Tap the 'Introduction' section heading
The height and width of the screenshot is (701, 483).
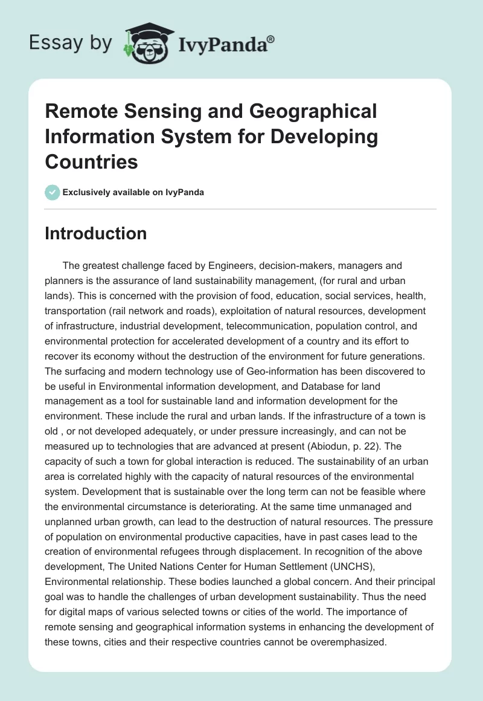pyautogui.click(x=95, y=234)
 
